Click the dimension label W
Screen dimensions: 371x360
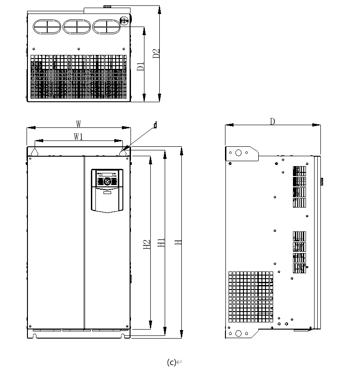(x=78, y=123)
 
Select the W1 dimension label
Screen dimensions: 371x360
(x=78, y=136)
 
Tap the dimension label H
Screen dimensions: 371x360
(x=179, y=242)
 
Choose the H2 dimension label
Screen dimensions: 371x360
(x=147, y=244)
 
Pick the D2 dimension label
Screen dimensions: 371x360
(x=156, y=53)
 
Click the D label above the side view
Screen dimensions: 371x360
(x=272, y=121)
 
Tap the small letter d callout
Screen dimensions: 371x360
(x=155, y=125)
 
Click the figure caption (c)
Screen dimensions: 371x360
(x=171, y=362)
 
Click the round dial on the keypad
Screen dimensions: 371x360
(x=107, y=181)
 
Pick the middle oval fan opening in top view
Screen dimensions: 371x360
(x=76, y=26)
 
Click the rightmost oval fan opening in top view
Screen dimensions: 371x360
(x=106, y=26)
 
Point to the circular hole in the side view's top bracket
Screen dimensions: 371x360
(x=238, y=153)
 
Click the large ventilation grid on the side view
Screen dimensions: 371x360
(x=251, y=297)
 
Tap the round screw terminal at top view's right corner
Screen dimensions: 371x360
(x=124, y=21)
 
